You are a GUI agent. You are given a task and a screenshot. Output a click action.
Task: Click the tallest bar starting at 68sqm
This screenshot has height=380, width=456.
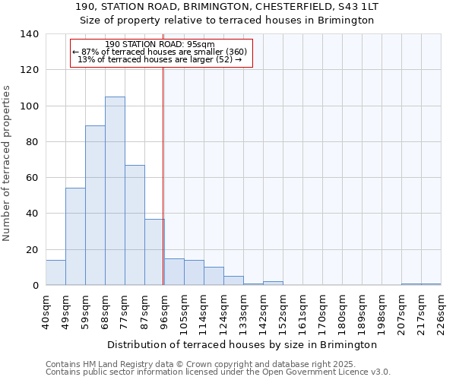tap(115, 191)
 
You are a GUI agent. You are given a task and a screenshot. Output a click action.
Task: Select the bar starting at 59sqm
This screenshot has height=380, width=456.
tap(95, 205)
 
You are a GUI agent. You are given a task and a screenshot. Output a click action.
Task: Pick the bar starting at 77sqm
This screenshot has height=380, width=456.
tap(135, 225)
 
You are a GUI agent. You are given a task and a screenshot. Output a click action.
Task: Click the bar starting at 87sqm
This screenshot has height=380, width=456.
tap(154, 252)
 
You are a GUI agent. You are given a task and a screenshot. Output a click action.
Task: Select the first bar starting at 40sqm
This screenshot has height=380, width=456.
tap(55, 272)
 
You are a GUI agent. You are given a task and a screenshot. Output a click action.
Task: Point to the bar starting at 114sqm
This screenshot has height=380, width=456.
tap(214, 276)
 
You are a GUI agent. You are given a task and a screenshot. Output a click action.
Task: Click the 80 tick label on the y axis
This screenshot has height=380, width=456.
tap(32, 142)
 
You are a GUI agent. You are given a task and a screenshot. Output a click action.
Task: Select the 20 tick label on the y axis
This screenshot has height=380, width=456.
tap(32, 249)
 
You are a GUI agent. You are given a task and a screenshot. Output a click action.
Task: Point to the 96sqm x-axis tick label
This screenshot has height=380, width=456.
tap(164, 311)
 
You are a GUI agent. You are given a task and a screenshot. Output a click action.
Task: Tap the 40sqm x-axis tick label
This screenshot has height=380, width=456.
tap(46, 311)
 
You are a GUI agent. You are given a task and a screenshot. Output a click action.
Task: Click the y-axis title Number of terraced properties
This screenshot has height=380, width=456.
tap(8, 163)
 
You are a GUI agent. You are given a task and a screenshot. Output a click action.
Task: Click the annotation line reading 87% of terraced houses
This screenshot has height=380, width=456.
tap(160, 52)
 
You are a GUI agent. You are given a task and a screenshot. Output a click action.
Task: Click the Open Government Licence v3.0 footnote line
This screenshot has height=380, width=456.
tap(218, 372)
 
